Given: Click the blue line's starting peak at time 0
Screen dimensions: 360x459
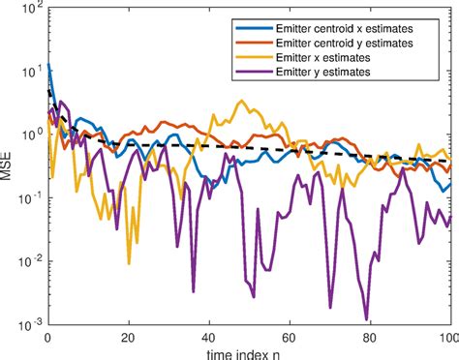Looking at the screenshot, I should [48, 65].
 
